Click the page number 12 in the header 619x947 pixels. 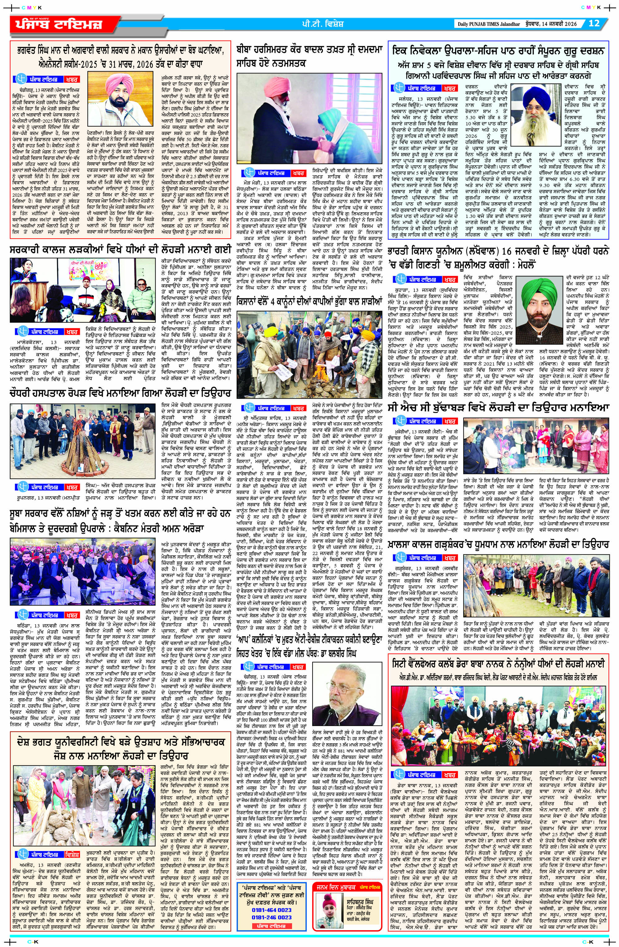pos(594,23)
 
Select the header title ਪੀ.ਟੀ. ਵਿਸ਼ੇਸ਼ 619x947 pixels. pos(322,24)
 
